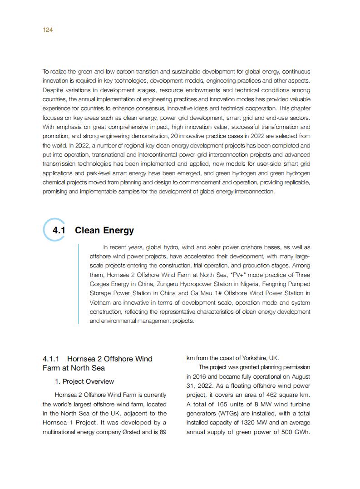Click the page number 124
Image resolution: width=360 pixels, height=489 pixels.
(x=48, y=30)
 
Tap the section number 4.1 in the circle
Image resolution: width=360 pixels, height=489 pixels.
(x=59, y=230)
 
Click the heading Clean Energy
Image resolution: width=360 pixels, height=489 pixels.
(x=104, y=230)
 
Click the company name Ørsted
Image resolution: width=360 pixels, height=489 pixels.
(x=142, y=432)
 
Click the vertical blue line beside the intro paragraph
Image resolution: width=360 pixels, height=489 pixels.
(x=79, y=284)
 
